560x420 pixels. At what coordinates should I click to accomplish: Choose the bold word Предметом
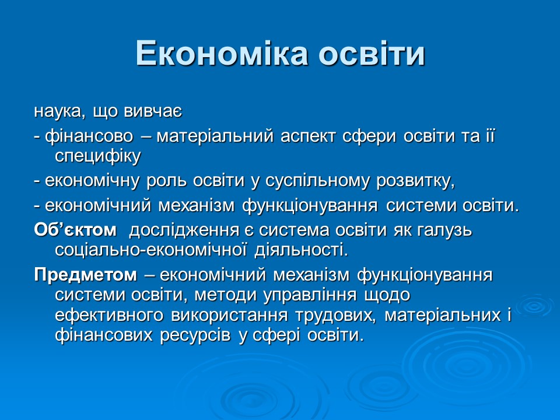pos(85,275)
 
